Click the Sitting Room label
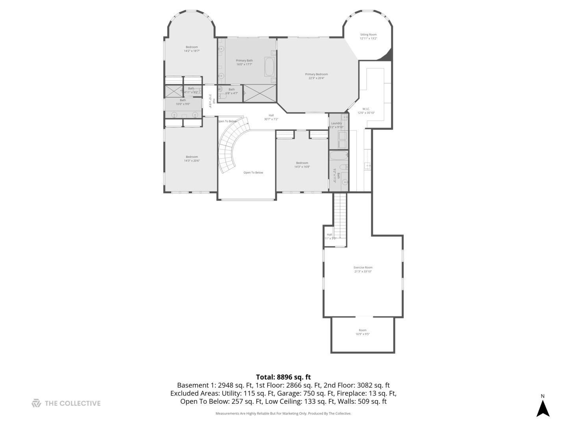pos(368,37)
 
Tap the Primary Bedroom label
pos(316,76)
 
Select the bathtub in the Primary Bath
pos(269,67)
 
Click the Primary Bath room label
pos(244,62)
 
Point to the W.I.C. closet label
pos(366,111)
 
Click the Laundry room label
pos(336,125)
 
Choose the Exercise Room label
pos(363,269)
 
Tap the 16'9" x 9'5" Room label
pos(362,332)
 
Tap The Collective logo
pos(66,403)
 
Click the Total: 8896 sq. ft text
pos(283,377)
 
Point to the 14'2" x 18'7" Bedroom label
pos(192,49)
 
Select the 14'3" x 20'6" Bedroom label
pos(192,159)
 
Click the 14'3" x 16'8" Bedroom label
pos(302,164)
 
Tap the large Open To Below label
pos(253,172)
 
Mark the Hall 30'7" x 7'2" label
pos(271,117)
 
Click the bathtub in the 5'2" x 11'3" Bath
pos(339,155)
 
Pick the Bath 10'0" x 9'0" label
pos(183,102)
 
